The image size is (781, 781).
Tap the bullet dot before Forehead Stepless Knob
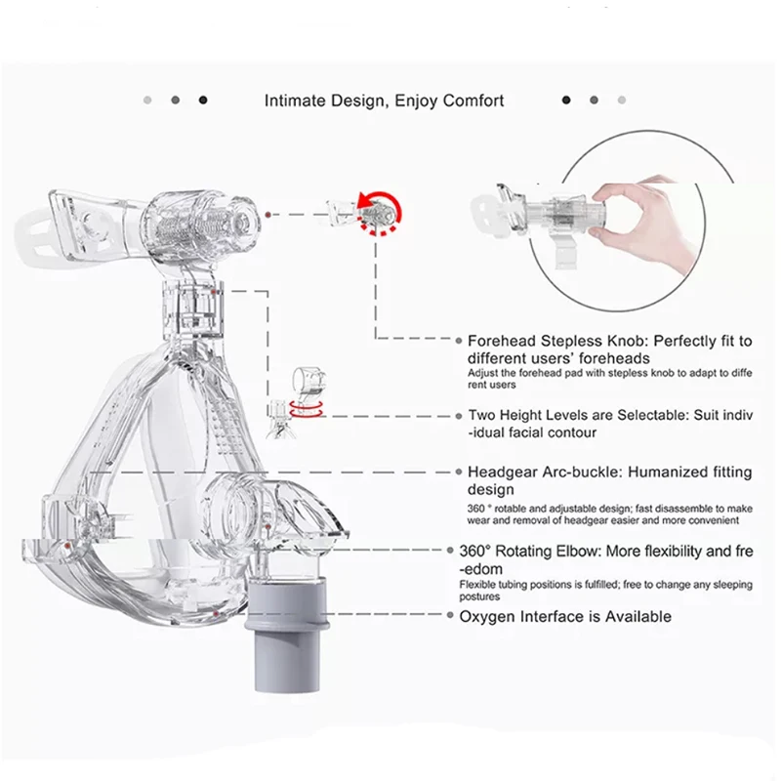[x=458, y=342]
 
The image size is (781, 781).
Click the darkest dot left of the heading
[x=203, y=100]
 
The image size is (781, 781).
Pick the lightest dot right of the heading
[x=621, y=100]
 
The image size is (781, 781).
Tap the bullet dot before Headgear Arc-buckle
[x=458, y=473]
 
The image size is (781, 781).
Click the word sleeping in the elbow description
[x=726, y=585]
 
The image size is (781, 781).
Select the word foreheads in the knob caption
[x=607, y=358]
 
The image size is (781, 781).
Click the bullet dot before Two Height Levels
[x=458, y=416]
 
